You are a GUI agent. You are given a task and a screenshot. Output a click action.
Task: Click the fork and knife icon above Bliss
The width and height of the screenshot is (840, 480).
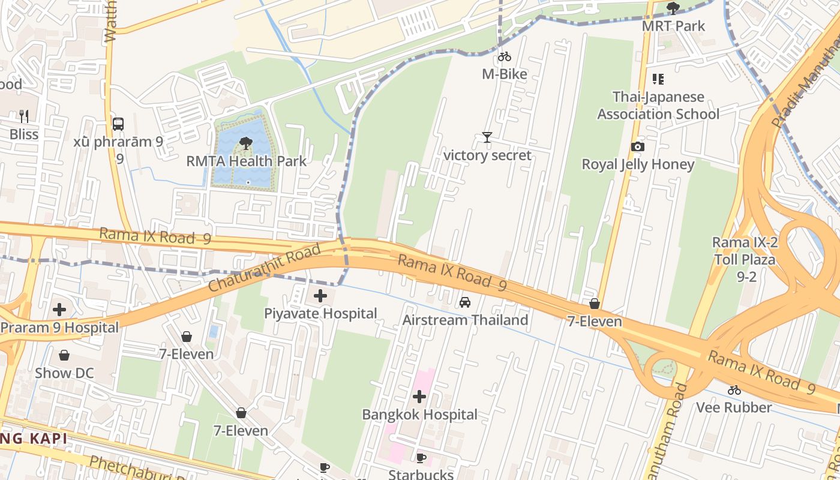(24, 116)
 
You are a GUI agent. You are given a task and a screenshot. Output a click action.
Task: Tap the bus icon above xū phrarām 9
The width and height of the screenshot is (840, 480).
(118, 124)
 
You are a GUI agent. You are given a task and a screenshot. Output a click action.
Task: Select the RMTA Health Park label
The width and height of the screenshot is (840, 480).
(246, 161)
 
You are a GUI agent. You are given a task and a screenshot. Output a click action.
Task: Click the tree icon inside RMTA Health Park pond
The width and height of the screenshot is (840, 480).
(245, 143)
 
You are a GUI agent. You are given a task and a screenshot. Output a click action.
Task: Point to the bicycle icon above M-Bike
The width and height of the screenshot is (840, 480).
(505, 56)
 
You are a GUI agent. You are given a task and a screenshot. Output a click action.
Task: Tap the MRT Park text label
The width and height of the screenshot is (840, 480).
(673, 26)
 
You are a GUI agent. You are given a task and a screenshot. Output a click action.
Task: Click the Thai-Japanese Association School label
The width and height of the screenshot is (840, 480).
(658, 106)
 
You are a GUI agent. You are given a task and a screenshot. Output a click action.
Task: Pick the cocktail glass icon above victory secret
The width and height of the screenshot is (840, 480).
(487, 137)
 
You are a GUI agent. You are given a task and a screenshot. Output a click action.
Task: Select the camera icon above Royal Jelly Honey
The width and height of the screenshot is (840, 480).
(638, 146)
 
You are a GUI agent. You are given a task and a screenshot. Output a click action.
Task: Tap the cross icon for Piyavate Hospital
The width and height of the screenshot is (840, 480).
(320, 295)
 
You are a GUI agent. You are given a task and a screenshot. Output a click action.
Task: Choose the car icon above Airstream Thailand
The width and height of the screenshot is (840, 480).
(465, 302)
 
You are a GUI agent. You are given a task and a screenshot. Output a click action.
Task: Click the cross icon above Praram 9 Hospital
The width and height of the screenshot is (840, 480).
(59, 310)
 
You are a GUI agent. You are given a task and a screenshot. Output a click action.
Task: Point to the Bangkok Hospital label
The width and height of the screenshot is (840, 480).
(419, 415)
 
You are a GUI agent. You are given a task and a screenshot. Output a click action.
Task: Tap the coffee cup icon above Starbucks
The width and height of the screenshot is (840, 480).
(421, 458)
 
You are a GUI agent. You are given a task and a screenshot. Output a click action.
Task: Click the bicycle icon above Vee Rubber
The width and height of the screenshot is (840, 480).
(734, 390)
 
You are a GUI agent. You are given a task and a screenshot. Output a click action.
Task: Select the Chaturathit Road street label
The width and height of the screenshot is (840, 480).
(265, 268)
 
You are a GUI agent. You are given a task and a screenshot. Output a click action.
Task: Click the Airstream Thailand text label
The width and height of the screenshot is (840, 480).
(465, 320)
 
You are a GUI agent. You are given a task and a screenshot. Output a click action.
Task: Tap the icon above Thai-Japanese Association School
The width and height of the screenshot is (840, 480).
(658, 79)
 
